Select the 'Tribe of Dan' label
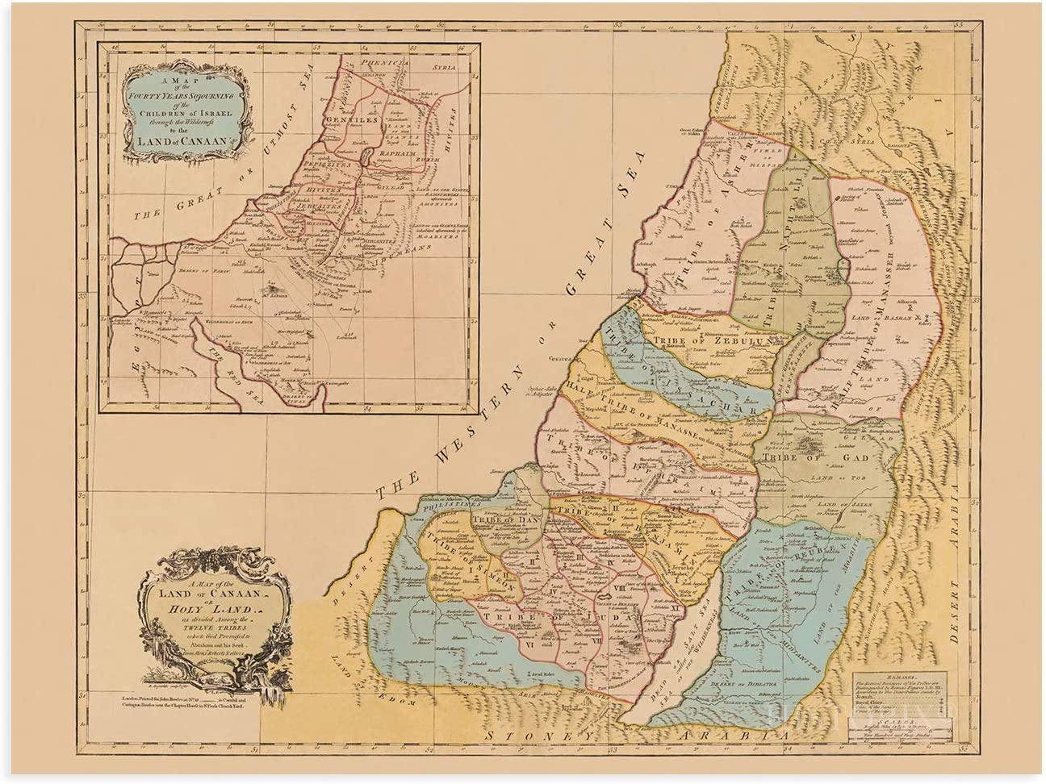[x=500, y=519]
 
